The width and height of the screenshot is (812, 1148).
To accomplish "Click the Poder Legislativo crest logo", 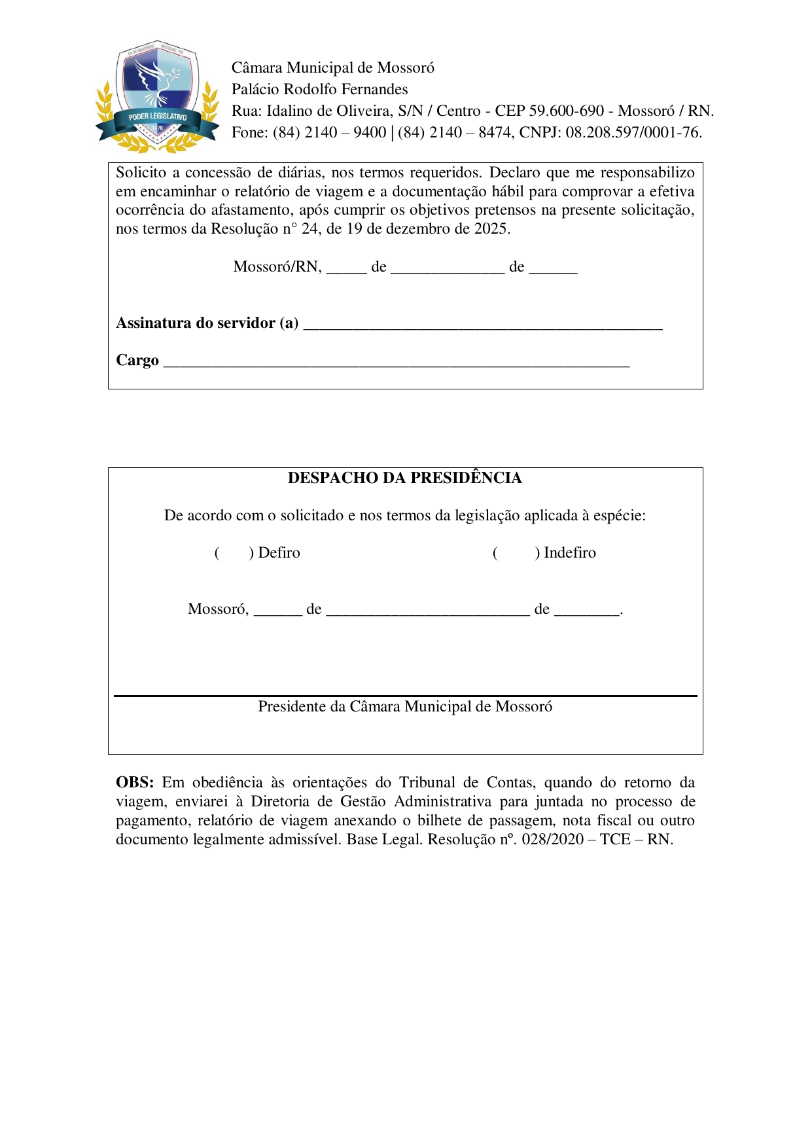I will click(158, 97).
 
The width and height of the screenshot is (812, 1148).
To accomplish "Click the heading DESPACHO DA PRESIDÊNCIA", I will click(404, 478).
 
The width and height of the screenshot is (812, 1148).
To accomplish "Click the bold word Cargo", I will click(137, 361).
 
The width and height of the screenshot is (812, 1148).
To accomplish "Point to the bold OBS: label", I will click(135, 783).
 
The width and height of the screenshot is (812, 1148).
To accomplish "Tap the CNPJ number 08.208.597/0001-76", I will click(633, 133).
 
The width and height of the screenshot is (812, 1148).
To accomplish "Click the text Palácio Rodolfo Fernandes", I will click(319, 90).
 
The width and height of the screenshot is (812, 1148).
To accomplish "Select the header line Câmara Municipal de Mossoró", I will click(332, 68).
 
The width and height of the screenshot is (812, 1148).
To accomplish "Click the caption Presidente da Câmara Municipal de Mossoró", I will click(405, 707).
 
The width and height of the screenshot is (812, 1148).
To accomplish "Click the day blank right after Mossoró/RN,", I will click(346, 268).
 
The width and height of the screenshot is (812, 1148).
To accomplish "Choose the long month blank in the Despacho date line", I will click(427, 610).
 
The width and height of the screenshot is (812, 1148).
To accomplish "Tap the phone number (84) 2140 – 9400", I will click(329, 133).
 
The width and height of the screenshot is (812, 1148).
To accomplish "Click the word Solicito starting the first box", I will click(141, 173).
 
